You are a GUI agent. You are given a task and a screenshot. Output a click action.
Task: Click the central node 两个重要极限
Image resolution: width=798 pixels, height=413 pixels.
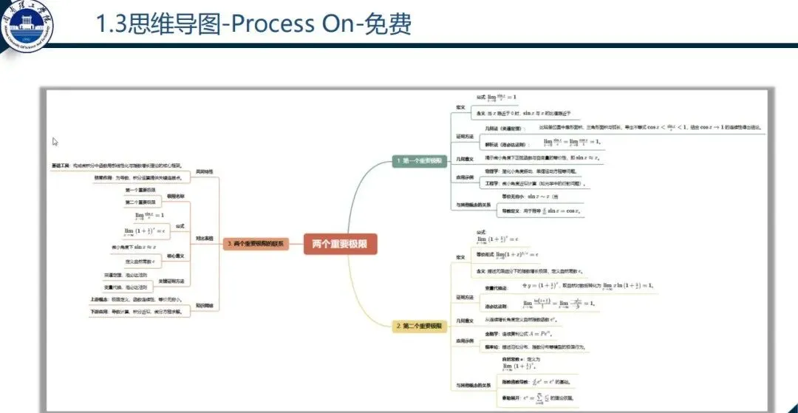pyautogui.click(x=340, y=243)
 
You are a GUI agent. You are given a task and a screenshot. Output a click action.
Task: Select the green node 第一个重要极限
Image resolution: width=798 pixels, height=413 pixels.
pyautogui.click(x=418, y=160)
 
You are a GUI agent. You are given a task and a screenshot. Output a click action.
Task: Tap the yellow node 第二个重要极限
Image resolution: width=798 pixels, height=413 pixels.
pyautogui.click(x=419, y=325)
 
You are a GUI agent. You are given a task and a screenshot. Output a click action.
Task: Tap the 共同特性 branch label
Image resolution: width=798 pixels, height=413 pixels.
pyautogui.click(x=204, y=172)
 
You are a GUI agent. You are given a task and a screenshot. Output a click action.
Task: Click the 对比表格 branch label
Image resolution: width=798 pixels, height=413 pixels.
pyautogui.click(x=204, y=239)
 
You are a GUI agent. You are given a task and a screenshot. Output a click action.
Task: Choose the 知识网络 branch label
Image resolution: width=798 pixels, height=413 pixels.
pyautogui.click(x=204, y=304)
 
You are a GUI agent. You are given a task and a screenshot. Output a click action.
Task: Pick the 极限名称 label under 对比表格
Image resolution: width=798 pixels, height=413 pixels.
pyautogui.click(x=176, y=196)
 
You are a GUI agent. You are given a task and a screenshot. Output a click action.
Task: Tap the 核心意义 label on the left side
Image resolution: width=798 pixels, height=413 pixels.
pyautogui.click(x=176, y=256)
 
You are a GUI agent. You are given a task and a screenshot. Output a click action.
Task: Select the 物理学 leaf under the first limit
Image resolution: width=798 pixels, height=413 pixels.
pyautogui.click(x=493, y=171)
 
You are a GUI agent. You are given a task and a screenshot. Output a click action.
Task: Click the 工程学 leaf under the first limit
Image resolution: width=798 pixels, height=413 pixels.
pyautogui.click(x=493, y=182)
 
